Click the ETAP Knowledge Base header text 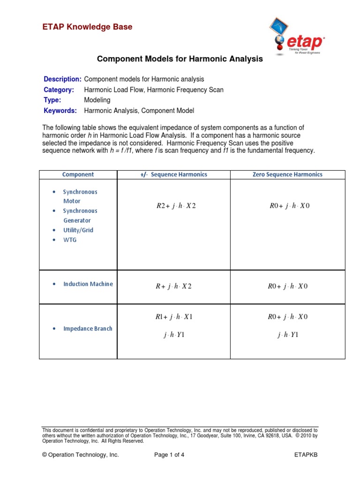[x=87, y=27]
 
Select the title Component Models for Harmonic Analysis [x=180, y=60]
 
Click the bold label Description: [x=62, y=79]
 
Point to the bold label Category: [x=59, y=90]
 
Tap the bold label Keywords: [x=60, y=111]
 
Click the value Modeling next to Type [x=97, y=100]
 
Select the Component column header [x=78, y=174]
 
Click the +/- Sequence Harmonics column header [x=173, y=174]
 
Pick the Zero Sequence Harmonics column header [x=288, y=174]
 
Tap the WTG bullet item [x=70, y=240]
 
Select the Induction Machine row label [x=88, y=284]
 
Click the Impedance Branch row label [x=88, y=329]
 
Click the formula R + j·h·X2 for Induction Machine [x=173, y=286]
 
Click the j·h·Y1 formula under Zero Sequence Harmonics [x=288, y=335]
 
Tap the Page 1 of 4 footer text [x=169, y=455]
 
